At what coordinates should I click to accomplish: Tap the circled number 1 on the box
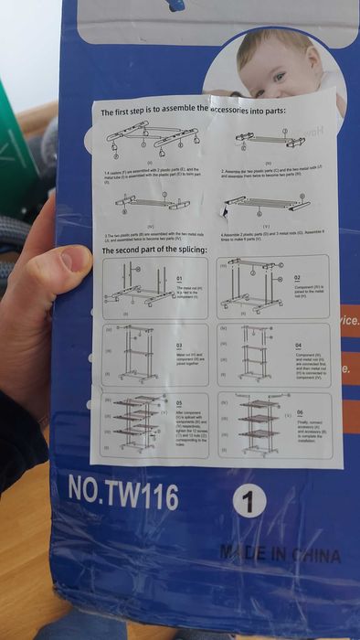tap(250, 500)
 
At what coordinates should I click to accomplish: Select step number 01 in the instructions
tap(180, 277)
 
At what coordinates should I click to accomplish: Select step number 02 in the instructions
tap(297, 277)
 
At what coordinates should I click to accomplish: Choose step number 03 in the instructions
tap(180, 345)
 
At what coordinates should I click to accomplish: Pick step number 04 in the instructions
tap(298, 345)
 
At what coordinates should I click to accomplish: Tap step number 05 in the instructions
tap(179, 402)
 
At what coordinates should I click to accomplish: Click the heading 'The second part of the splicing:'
tap(154, 250)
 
